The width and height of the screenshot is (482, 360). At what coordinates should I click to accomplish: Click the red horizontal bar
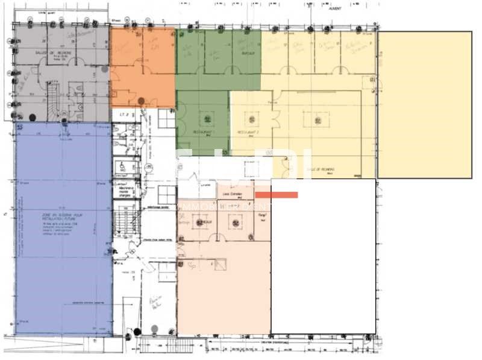277,195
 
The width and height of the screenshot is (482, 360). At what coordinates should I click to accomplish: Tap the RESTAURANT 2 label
246,131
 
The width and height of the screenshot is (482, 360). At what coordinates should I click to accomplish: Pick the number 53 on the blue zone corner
20,128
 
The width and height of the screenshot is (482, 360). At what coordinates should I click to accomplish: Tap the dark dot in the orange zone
141,101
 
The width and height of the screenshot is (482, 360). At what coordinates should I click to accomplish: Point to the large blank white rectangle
323,256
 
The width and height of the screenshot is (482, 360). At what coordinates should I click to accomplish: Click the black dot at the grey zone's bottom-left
33,116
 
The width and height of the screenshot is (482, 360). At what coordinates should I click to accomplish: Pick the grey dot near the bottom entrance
155,328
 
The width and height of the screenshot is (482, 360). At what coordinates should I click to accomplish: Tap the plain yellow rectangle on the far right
424,104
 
